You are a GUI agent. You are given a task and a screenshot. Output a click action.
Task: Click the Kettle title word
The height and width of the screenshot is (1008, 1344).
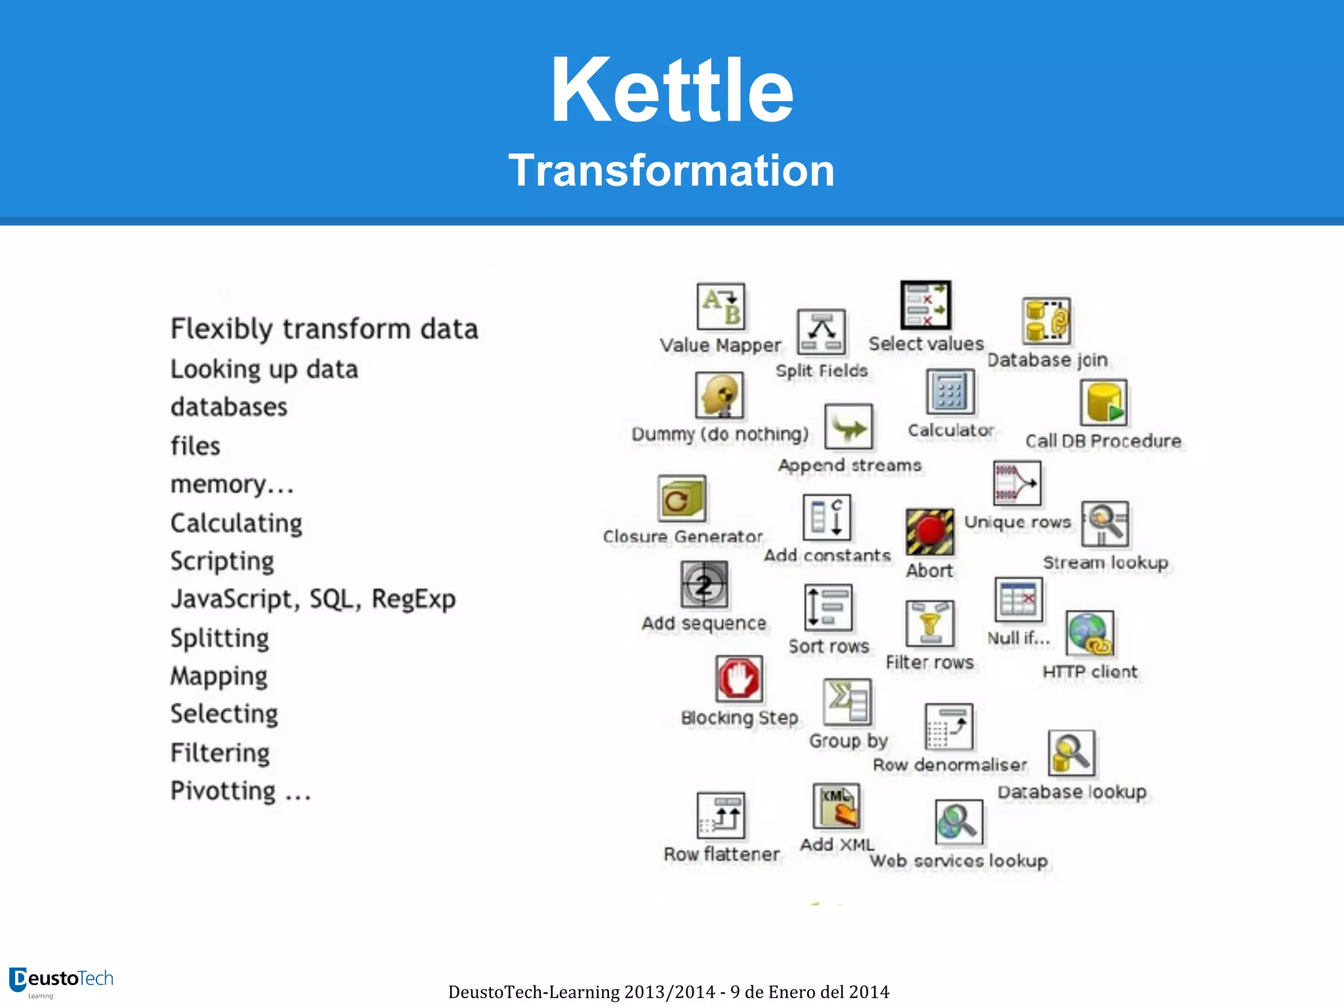[672, 91]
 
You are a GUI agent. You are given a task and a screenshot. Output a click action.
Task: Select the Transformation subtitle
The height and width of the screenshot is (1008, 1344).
[671, 171]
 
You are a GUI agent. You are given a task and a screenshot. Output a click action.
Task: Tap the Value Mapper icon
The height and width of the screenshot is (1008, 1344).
[721, 306]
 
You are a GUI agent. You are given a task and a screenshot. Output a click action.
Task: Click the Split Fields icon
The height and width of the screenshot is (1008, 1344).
[821, 332]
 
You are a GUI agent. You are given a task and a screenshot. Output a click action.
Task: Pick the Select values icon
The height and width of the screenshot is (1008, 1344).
[925, 305]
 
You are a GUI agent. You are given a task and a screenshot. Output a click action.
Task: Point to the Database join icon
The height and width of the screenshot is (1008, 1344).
[1046, 321]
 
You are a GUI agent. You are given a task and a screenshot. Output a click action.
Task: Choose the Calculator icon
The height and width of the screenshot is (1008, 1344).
[950, 392]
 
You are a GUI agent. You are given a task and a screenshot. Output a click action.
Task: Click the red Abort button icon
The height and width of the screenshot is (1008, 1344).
[930, 532]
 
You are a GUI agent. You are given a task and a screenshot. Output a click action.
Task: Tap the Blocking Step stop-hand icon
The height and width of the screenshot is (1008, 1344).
[739, 679]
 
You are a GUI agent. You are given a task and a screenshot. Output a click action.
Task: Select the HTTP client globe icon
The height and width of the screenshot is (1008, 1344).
[1090, 634]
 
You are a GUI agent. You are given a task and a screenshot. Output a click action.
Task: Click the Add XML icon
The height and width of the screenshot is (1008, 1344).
[836, 807]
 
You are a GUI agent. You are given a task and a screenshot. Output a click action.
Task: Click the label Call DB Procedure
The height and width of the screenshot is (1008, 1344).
[1103, 441]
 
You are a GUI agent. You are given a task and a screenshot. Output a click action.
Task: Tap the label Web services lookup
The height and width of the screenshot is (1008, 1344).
[959, 860]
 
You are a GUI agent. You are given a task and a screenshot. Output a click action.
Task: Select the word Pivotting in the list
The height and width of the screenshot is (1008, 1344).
[223, 791]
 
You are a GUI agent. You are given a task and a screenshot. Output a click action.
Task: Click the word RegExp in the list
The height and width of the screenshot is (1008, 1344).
[413, 599]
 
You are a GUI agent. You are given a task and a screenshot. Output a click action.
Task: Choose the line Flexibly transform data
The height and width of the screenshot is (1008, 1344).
[324, 329]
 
